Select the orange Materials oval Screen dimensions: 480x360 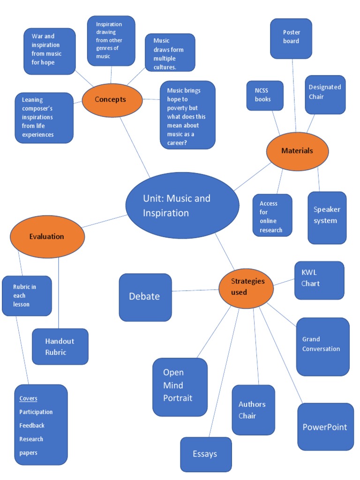coord(297,151)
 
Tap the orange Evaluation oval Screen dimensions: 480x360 coord(47,236)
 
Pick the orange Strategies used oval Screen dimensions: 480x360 coord(247,287)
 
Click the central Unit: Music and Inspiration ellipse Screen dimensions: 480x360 coord(182,205)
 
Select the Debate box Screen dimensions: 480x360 coord(145,297)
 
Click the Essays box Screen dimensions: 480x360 coord(206,454)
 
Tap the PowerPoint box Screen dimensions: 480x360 coord(325,427)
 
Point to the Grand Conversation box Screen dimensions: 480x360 coord(322,346)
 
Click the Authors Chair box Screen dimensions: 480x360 coord(253,410)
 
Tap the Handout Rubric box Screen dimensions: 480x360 coord(60,346)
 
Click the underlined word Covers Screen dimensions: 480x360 coord(28,398)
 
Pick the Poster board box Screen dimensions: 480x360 coord(291,38)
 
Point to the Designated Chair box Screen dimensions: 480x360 coord(325,94)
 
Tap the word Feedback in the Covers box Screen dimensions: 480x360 coord(32,426)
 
